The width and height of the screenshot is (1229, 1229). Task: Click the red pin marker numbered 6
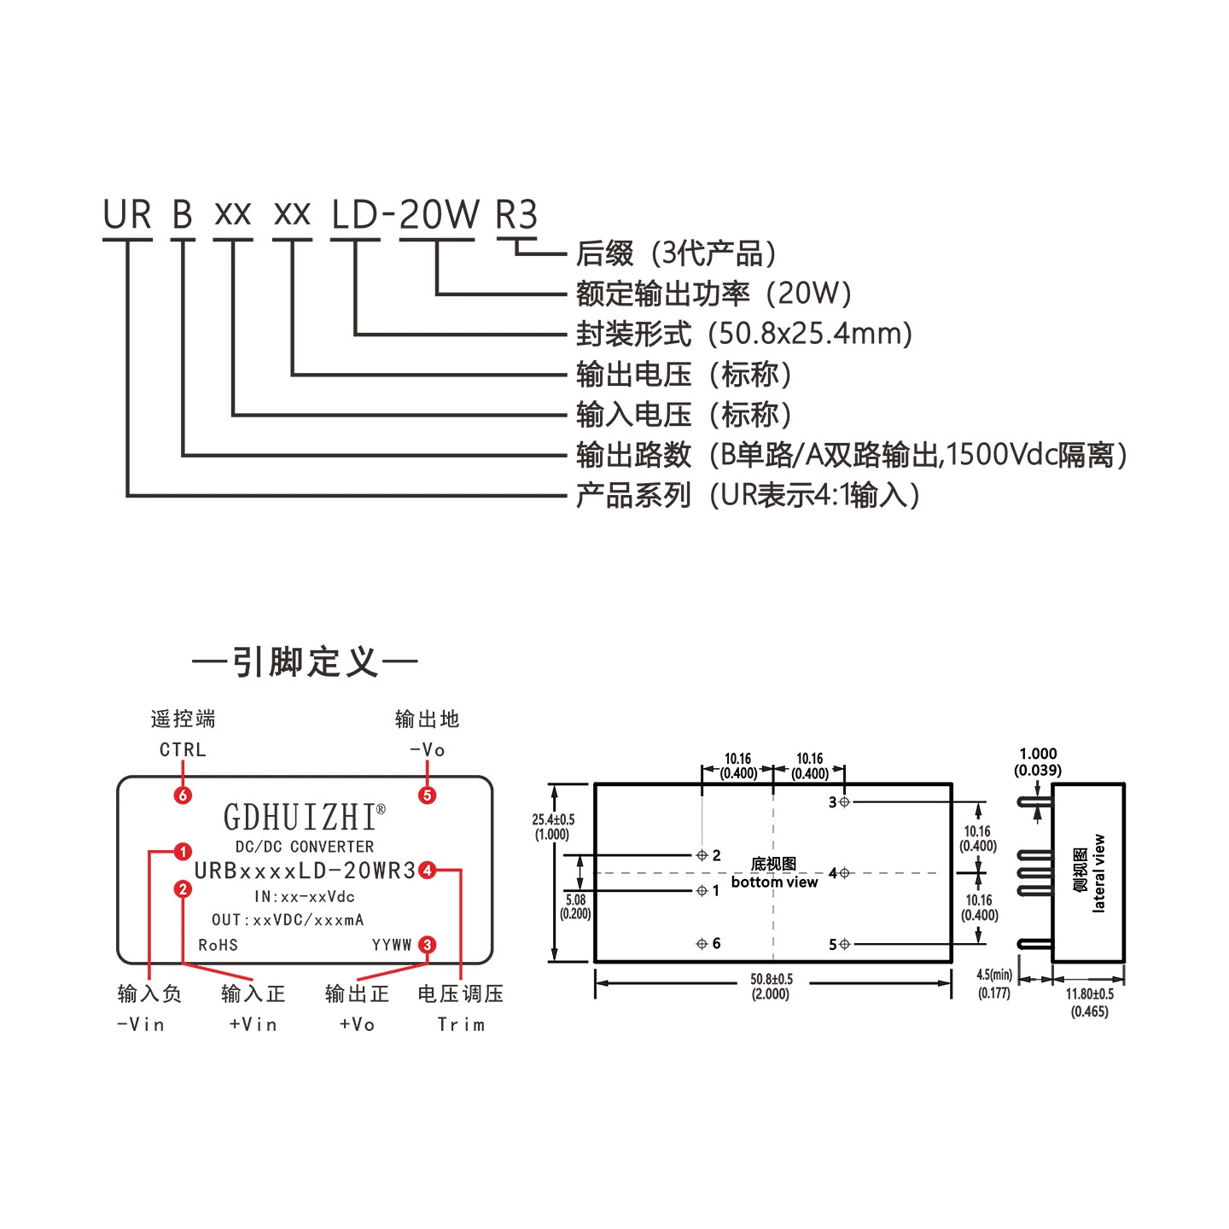point(183,795)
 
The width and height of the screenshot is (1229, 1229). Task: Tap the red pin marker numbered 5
point(428,795)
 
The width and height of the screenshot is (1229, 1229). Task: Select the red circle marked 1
point(183,852)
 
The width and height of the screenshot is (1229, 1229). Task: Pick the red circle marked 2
point(183,889)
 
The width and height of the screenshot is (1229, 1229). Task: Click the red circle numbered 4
point(428,870)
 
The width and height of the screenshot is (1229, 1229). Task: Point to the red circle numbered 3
point(428,945)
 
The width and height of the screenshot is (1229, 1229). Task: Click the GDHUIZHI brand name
point(300,817)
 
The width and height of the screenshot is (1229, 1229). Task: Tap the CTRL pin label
point(183,750)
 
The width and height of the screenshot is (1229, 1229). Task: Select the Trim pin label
point(461,1024)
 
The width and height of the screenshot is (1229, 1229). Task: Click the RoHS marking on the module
point(218,945)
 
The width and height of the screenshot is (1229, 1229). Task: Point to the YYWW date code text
point(392,945)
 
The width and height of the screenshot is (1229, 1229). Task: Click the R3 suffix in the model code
point(516,214)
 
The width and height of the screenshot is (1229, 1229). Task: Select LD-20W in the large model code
point(405,214)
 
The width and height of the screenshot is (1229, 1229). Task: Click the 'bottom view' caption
point(774,882)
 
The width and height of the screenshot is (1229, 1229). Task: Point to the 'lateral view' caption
point(1098,873)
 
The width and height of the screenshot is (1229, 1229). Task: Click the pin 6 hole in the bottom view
point(702,943)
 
